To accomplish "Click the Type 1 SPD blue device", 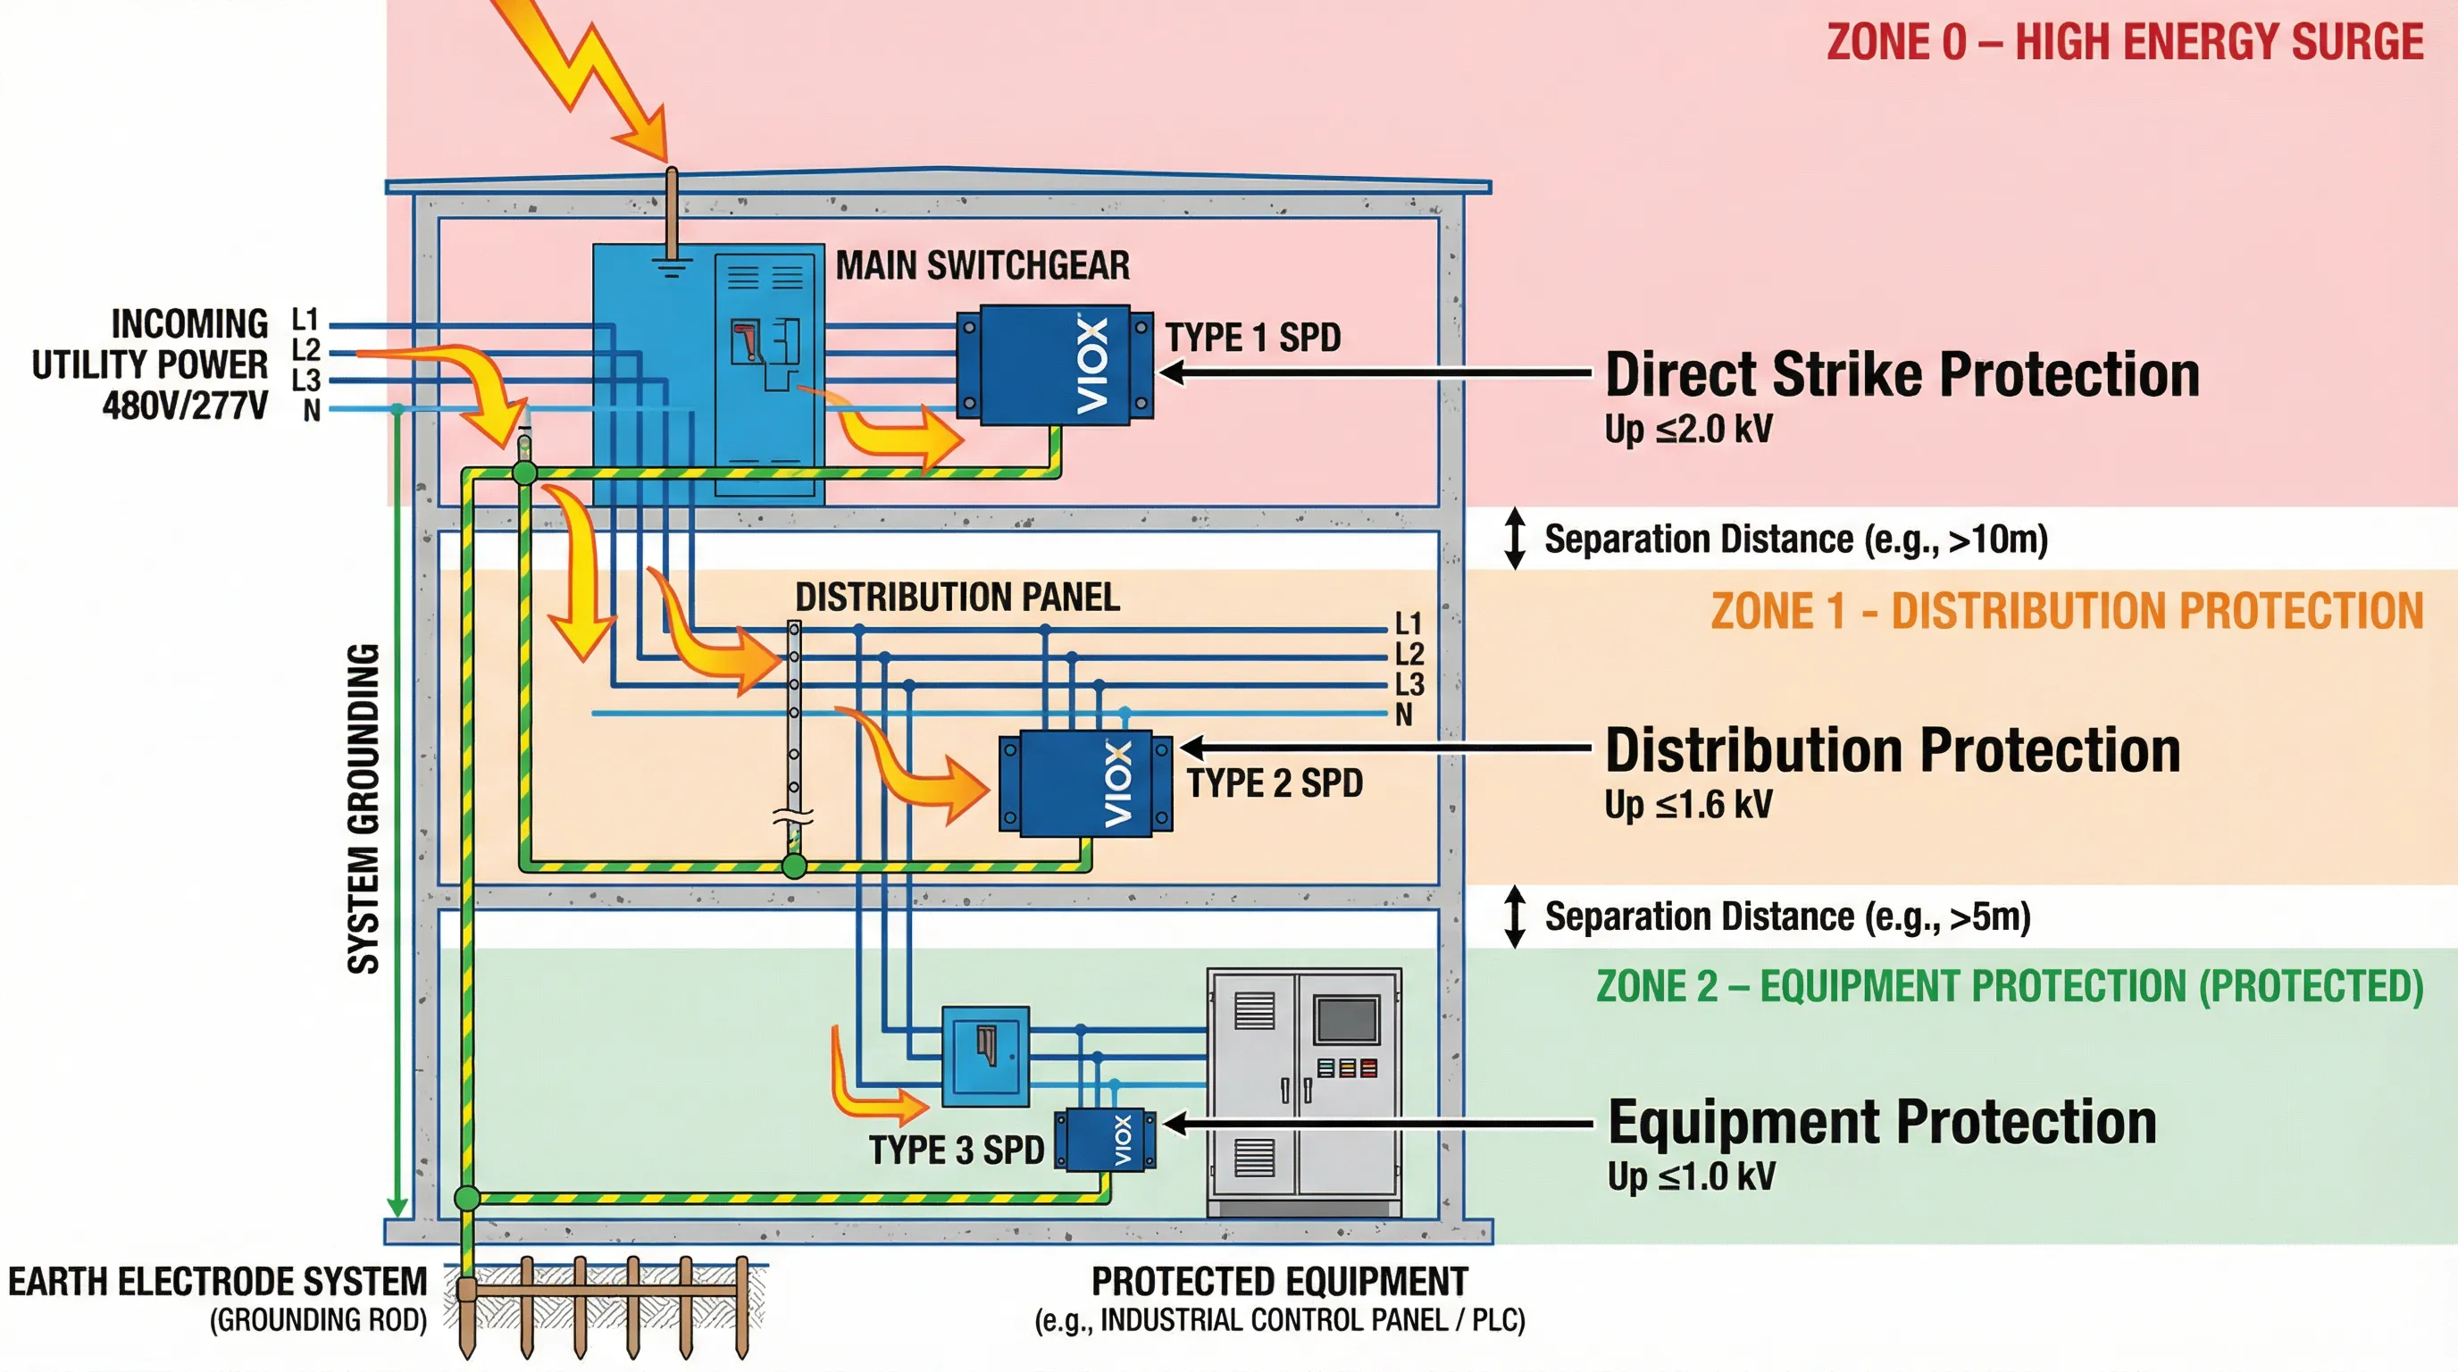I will coord(1054,364).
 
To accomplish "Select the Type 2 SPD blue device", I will coord(1086,783).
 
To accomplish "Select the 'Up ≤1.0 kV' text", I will coord(1690,1176).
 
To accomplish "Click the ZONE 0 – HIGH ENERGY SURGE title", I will coord(2124,43).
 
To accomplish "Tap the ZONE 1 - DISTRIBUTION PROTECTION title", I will coord(2066,611).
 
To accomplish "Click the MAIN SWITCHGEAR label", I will coord(982,265).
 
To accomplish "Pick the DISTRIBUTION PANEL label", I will coord(957,598).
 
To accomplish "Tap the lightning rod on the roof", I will coord(672,214).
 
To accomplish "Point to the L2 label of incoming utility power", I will coord(305,349).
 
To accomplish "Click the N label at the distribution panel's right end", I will coord(1402,715).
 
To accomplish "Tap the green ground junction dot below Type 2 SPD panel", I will coord(794,866).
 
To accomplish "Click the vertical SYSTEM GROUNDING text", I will coord(364,808).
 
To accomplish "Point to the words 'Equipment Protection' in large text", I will coord(1882,1122).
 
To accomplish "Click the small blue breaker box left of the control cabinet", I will coord(985,1056).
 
